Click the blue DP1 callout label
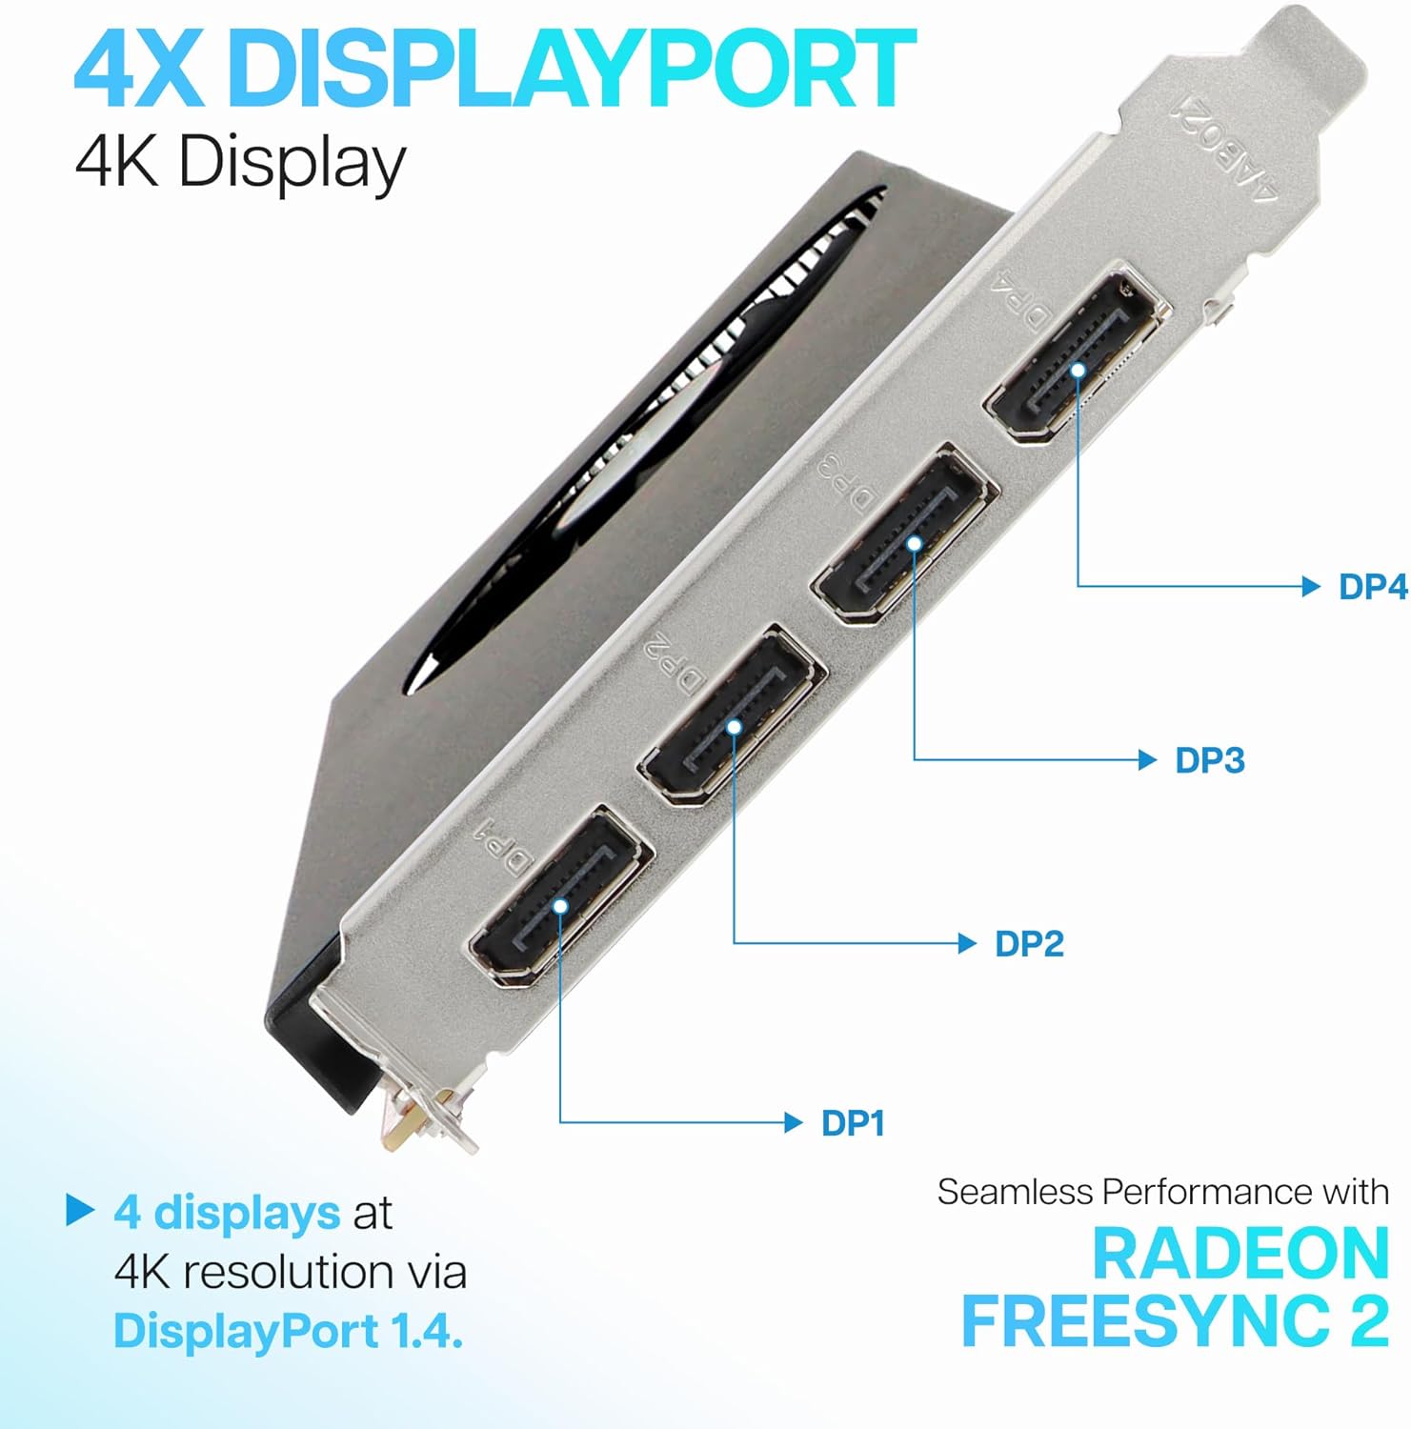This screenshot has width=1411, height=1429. (x=853, y=1123)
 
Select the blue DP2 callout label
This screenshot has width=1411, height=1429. (x=1029, y=944)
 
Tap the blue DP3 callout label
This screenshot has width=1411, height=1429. (x=1210, y=760)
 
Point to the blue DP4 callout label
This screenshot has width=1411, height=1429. (x=1373, y=587)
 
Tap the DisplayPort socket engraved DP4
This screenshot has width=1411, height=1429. (x=1077, y=358)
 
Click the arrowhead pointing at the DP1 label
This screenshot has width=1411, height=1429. (x=793, y=1122)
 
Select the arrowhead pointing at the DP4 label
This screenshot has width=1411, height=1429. (x=1311, y=586)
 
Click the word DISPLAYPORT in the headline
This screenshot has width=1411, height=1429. (x=572, y=68)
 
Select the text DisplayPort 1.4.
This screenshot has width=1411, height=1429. (x=288, y=1331)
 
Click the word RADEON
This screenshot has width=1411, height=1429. (x=1240, y=1254)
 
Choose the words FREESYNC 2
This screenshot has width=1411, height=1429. (x=1175, y=1321)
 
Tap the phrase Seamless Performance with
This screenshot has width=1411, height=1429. (x=1163, y=1192)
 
